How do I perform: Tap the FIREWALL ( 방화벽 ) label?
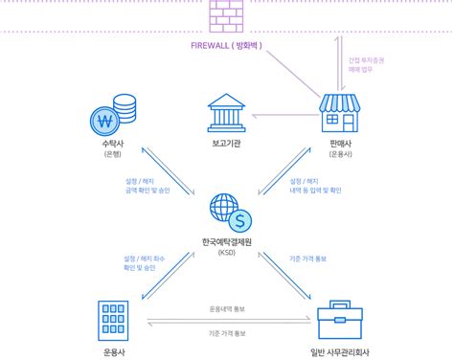[x=228, y=45]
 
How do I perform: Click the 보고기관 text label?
[x=228, y=144]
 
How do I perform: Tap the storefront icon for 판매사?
[x=343, y=113]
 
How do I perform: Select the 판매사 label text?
[x=343, y=144]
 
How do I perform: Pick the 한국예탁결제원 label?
[x=228, y=243]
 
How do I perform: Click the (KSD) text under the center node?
[x=228, y=255]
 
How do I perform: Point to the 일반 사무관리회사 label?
[x=342, y=350]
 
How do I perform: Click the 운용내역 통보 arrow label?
[x=228, y=308]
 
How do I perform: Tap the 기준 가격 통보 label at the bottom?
[x=228, y=333]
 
